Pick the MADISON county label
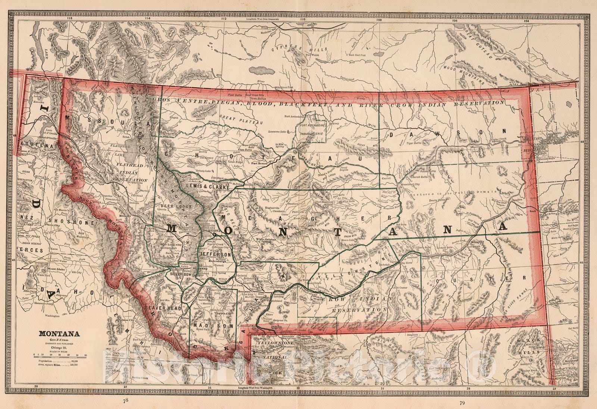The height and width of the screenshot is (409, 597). (213, 325)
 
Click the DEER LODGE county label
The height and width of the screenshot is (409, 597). (173, 206)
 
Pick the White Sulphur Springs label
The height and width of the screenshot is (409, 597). (267, 240)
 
